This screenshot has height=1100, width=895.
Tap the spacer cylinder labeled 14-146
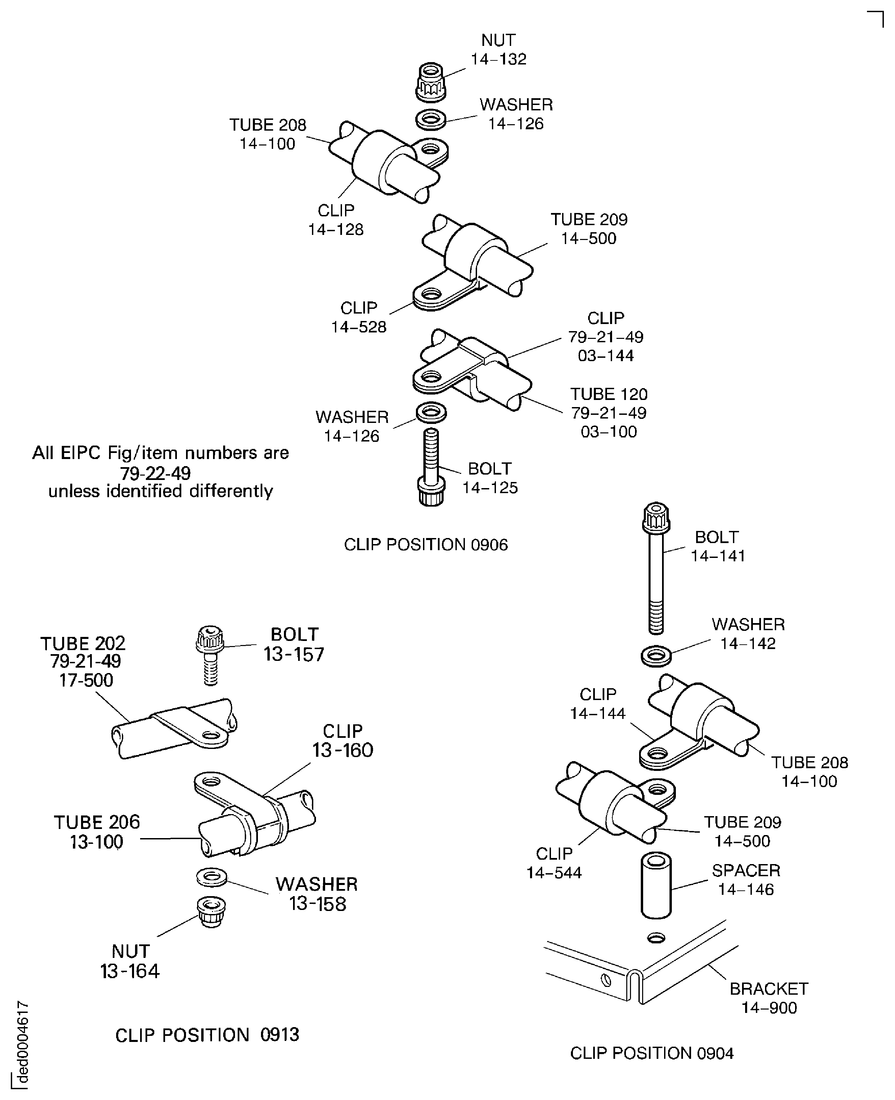coord(656,886)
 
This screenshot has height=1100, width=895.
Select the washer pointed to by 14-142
coord(656,656)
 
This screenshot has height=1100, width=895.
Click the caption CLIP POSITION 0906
coord(426,545)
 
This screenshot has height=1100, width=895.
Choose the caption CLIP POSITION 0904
coord(652,1053)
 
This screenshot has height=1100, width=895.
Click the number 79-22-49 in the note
coord(155,473)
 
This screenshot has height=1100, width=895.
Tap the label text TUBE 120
coord(608,394)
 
